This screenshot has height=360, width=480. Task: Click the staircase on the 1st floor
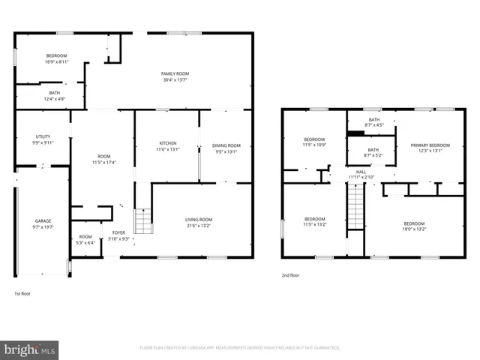click(142, 221)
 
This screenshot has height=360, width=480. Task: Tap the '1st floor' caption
click(23, 293)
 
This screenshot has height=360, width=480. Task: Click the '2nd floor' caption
click(290, 275)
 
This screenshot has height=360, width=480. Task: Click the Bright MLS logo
click(29, 349)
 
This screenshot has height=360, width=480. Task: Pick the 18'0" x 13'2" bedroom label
click(414, 226)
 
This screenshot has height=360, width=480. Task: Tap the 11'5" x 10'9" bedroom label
click(314, 142)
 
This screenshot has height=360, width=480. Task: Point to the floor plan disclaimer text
click(240, 348)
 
